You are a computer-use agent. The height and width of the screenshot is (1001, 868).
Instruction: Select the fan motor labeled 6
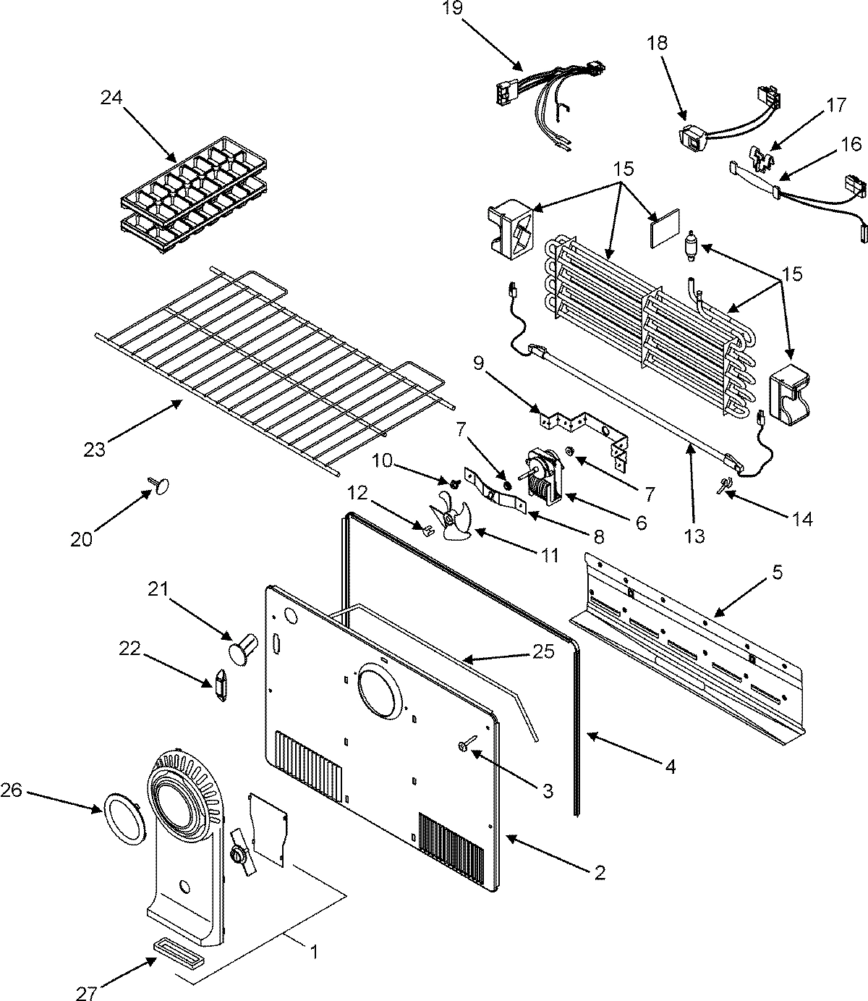click(543, 474)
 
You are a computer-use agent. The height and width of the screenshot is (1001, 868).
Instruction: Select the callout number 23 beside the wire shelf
click(95, 449)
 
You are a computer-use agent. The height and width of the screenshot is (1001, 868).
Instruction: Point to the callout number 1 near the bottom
click(313, 953)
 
